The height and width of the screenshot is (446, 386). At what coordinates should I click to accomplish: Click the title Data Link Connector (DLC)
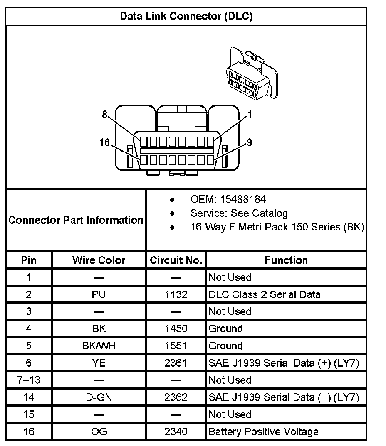pyautogui.click(x=186, y=16)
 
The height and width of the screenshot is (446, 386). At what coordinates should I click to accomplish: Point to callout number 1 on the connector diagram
pyautogui.click(x=250, y=115)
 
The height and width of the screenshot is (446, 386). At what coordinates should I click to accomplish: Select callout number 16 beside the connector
pyautogui.click(x=104, y=143)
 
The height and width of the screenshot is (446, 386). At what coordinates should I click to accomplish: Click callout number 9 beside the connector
pyautogui.click(x=249, y=143)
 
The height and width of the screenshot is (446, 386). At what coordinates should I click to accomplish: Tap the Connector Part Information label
pyautogui.click(x=76, y=220)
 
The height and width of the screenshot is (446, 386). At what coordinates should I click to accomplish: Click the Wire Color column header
pyautogui.click(x=99, y=260)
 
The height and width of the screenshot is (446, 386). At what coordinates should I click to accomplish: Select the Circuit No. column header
pyautogui.click(x=176, y=260)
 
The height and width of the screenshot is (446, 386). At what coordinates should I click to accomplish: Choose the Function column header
pyautogui.click(x=286, y=260)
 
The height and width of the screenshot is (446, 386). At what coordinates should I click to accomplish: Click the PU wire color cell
pyautogui.click(x=99, y=294)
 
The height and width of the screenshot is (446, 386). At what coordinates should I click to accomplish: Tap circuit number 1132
pyautogui.click(x=176, y=294)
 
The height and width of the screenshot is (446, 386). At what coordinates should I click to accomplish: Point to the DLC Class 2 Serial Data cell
pyautogui.click(x=265, y=294)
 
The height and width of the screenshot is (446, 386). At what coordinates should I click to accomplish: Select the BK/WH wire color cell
pyautogui.click(x=99, y=346)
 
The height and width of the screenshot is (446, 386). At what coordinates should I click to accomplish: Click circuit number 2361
pyautogui.click(x=176, y=363)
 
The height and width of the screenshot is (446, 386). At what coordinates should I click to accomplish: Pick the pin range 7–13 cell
pyautogui.click(x=29, y=380)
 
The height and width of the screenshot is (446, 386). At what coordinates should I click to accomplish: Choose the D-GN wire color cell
pyautogui.click(x=99, y=397)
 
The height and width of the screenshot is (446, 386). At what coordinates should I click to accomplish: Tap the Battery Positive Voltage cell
pyautogui.click(x=263, y=431)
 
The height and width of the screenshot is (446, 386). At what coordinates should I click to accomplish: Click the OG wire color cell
pyautogui.click(x=99, y=431)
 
